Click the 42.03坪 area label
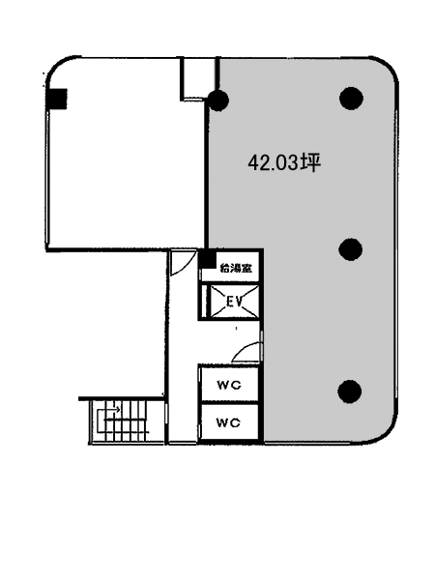click(x=284, y=162)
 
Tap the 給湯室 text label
click(x=236, y=268)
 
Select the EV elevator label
click(x=234, y=303)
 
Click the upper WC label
click(x=229, y=385)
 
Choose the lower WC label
click(x=228, y=422)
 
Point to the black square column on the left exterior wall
click(x=57, y=99)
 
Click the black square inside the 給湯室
click(x=208, y=259)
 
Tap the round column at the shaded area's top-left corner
click(x=217, y=100)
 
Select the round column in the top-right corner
click(x=351, y=99)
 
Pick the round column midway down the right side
click(x=350, y=249)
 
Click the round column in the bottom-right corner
click(x=350, y=391)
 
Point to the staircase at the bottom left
click(x=122, y=420)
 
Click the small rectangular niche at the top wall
click(x=198, y=78)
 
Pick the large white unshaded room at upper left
click(x=126, y=154)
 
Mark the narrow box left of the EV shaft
click(x=205, y=302)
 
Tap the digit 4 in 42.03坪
click(x=253, y=163)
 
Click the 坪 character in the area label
click(x=310, y=162)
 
